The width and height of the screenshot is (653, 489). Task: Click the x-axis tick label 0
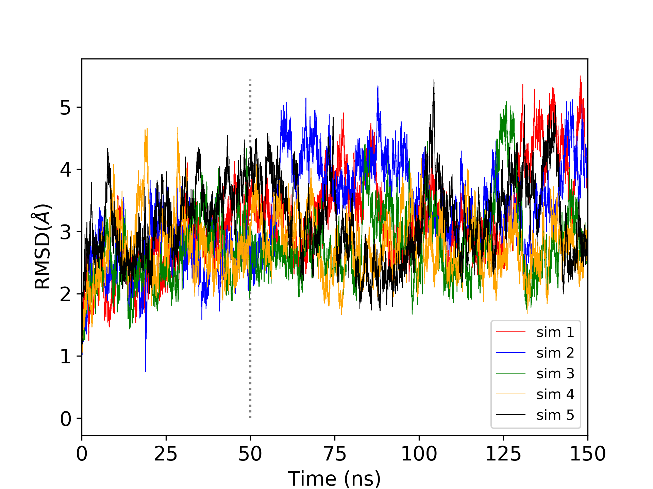(82, 454)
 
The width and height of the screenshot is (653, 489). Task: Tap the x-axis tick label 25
(166, 454)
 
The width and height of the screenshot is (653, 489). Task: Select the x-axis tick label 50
(250, 454)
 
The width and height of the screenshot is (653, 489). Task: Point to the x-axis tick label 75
(335, 454)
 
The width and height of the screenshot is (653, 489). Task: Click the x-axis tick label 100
(419, 454)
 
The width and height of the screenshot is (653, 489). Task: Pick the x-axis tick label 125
(503, 454)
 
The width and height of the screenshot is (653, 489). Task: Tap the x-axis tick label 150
(588, 454)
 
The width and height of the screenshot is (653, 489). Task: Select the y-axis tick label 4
(66, 169)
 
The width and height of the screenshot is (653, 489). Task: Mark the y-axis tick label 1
(66, 357)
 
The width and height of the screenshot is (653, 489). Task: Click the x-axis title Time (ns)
(334, 478)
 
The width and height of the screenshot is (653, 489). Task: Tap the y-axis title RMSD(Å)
(43, 247)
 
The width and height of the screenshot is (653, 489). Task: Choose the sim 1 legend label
(555, 332)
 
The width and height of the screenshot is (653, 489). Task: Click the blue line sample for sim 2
(511, 353)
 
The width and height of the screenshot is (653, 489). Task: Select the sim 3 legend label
(555, 374)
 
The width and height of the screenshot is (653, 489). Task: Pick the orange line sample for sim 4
(511, 394)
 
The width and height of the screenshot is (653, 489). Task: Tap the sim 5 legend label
(555, 415)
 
